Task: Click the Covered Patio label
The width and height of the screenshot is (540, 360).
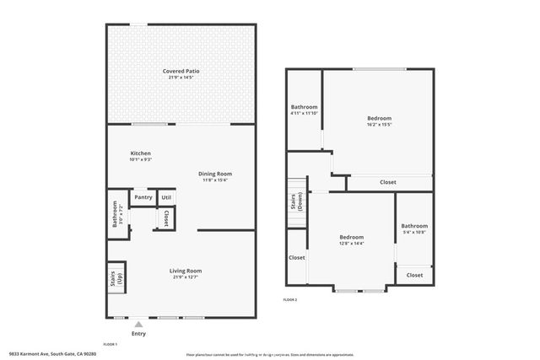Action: tap(181, 71)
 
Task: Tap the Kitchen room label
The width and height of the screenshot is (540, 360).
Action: tap(140, 153)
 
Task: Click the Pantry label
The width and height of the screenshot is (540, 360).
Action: tap(143, 197)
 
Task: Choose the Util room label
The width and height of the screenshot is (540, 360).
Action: tap(166, 197)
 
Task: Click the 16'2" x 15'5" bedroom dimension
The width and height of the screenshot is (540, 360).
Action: tap(379, 125)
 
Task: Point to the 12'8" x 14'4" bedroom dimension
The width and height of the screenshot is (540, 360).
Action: tap(351, 244)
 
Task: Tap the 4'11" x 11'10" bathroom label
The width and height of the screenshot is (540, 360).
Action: tap(304, 114)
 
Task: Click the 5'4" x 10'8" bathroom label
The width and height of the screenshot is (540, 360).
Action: tap(413, 232)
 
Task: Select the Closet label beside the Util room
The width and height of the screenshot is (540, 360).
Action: tap(166, 218)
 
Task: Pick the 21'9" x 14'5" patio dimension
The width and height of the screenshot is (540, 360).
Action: tap(181, 78)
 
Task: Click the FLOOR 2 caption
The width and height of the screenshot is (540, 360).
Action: tap(289, 299)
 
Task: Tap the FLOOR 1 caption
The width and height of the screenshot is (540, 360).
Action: tap(110, 344)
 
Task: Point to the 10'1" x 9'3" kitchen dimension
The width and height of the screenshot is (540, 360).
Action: tap(140, 159)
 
